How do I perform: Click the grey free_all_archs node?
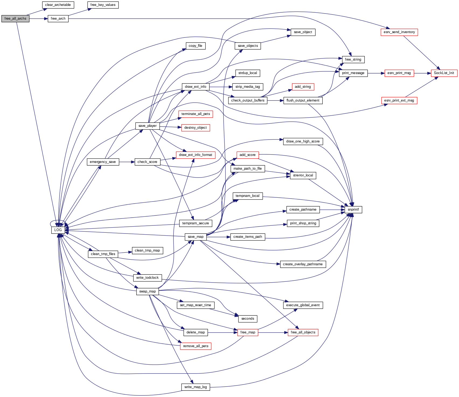tap(15, 19)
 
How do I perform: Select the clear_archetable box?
tap(58, 5)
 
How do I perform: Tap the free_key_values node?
tap(103, 5)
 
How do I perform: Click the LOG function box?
tap(58, 230)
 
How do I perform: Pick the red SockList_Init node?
tap(444, 73)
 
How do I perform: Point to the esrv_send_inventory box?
tap(399, 32)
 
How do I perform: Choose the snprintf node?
tap(353, 210)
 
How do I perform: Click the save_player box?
tap(147, 126)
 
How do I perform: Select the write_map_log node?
tap(196, 387)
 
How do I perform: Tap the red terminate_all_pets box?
tap(196, 114)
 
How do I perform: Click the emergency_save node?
tap(103, 162)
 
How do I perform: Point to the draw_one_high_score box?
tap(303, 141)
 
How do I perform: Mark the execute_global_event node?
tap(303, 305)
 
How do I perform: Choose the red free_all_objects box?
tap(303, 332)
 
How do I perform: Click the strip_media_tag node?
tap(248, 87)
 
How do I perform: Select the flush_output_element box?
tap(303, 100)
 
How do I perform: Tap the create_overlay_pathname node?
tap(303, 264)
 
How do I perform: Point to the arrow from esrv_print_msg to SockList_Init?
tap(422, 73)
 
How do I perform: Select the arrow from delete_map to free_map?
tap(222, 332)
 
